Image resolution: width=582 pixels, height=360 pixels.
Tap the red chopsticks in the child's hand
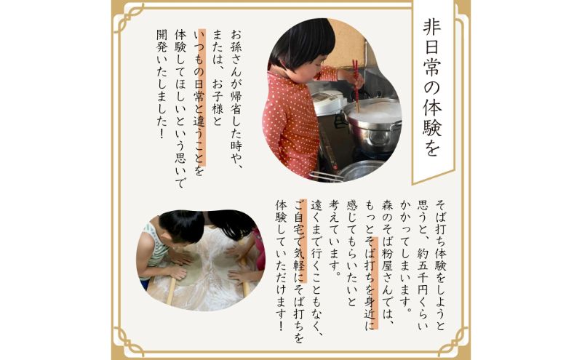point(356,85)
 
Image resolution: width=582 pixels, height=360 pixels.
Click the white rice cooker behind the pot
point(327,102)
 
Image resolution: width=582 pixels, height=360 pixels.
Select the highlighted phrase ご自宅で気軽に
point(300,241)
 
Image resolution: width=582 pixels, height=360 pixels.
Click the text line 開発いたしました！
point(162,84)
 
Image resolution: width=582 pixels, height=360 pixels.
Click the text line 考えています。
point(335,238)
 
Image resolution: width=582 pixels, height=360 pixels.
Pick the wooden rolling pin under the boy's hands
point(172,289)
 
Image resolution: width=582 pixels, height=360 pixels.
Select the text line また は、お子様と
point(218,78)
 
